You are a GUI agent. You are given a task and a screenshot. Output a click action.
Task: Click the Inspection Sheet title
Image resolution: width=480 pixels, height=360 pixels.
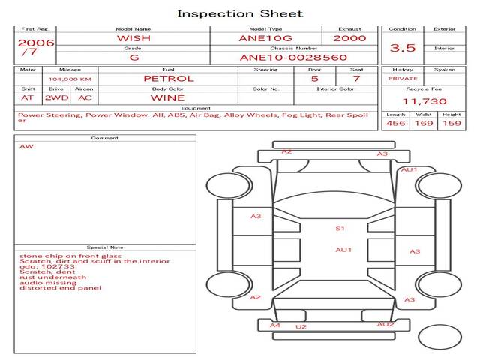click(x=240, y=13)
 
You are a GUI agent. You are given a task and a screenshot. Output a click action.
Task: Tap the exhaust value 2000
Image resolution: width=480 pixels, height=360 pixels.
click(x=349, y=37)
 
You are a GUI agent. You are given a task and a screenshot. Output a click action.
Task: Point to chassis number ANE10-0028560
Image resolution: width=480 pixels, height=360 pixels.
click(x=293, y=57)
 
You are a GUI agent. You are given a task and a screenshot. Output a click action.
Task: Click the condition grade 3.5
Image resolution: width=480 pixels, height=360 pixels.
click(x=403, y=47)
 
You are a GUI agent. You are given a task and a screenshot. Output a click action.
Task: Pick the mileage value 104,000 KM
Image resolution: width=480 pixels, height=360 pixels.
click(x=70, y=78)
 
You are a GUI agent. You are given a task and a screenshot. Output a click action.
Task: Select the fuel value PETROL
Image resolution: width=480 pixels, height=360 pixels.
click(x=168, y=78)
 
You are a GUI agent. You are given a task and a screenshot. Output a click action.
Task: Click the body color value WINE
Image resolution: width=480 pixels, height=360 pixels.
click(x=168, y=97)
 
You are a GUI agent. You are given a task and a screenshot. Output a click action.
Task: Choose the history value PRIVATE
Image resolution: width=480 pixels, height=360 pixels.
click(x=403, y=78)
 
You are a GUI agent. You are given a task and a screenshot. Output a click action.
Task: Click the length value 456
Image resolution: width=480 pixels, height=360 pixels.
click(x=395, y=123)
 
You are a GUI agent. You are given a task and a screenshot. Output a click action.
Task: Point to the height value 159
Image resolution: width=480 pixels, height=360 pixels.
click(x=451, y=123)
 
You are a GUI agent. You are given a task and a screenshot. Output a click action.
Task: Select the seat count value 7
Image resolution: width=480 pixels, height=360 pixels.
click(x=356, y=78)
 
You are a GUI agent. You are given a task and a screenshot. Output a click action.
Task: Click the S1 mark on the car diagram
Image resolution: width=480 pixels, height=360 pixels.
click(x=340, y=229)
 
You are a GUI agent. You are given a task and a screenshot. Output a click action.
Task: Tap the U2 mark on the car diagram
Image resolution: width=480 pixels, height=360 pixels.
click(x=301, y=327)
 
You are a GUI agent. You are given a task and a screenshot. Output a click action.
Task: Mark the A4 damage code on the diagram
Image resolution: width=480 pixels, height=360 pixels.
click(x=275, y=325)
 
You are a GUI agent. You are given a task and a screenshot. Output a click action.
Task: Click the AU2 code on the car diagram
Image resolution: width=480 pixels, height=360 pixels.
click(x=385, y=324)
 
